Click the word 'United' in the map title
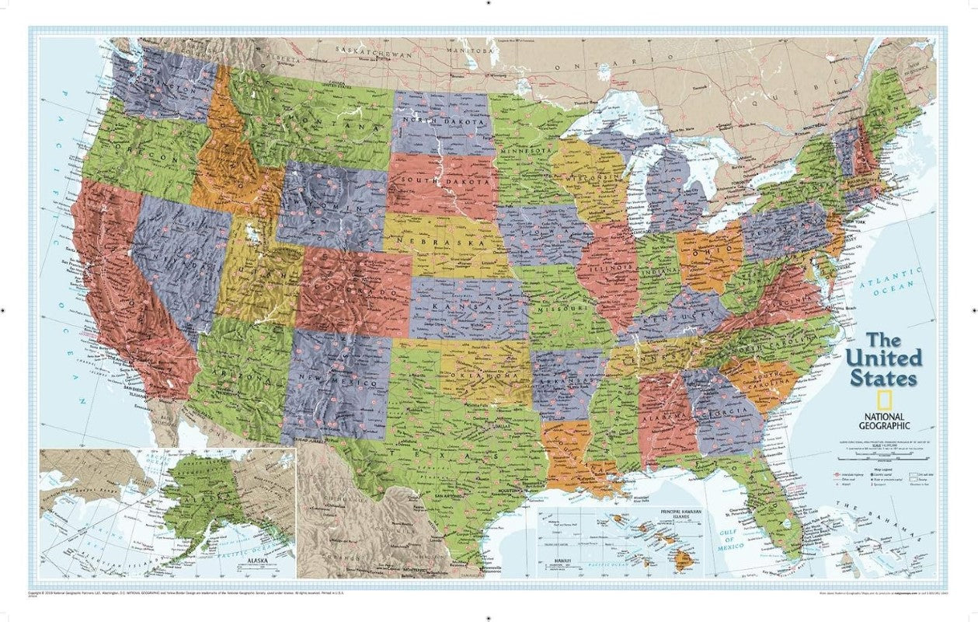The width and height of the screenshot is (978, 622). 884,359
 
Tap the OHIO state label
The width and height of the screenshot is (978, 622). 707,252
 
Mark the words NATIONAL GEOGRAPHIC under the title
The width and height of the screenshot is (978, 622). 884,421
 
